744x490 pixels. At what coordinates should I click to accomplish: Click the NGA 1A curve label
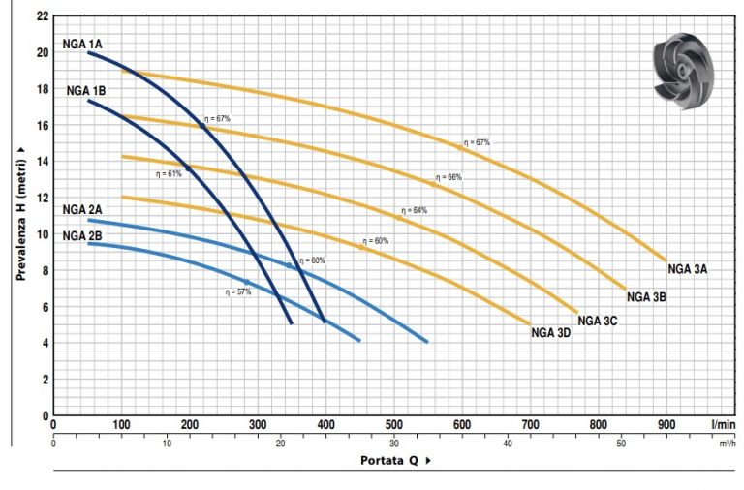82,44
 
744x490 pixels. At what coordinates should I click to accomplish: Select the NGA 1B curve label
86,90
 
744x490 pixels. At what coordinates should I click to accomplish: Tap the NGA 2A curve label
82,209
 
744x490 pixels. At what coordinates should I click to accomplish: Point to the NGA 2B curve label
82,235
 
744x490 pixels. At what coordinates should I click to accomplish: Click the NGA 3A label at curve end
688,269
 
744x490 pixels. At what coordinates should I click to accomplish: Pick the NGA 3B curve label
646,297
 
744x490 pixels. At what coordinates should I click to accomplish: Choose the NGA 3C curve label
598,321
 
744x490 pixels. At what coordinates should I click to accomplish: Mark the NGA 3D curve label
551,333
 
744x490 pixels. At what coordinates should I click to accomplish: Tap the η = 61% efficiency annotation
169,174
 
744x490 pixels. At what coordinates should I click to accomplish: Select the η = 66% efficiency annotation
449,177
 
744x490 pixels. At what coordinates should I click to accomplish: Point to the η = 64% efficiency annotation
414,210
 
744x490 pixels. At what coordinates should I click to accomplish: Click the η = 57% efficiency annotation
237,291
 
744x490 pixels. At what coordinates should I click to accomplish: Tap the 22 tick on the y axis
40,16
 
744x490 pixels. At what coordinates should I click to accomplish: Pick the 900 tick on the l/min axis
666,424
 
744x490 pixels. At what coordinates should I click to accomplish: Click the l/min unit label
722,424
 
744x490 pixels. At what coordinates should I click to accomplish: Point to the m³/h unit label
728,444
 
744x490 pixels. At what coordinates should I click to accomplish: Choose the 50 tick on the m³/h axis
622,444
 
